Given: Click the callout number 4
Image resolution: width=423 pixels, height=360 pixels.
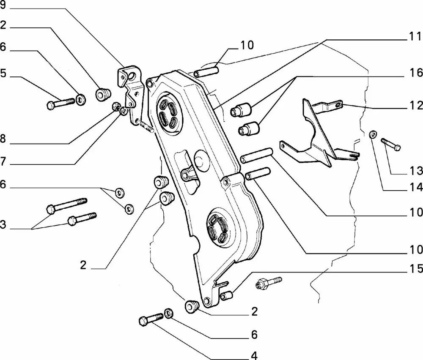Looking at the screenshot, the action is pyautogui.click(x=254, y=356).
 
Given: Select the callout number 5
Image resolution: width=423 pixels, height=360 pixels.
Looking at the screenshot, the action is pyautogui.click(x=3, y=73).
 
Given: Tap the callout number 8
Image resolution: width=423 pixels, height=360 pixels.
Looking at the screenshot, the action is pyautogui.click(x=3, y=139).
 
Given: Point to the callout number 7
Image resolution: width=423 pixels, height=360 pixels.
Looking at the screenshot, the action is pyautogui.click(x=3, y=161).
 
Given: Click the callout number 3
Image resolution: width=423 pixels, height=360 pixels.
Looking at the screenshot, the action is pyautogui.click(x=3, y=224).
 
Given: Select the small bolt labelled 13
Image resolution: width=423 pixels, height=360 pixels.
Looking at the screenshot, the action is pyautogui.click(x=390, y=144).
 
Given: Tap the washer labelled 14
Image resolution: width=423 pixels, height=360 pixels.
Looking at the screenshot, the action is pyautogui.click(x=373, y=134).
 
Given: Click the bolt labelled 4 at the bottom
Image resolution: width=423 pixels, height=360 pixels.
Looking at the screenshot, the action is pyautogui.click(x=151, y=319).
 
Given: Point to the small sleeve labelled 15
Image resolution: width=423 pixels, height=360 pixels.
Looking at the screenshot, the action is pyautogui.click(x=226, y=296).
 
